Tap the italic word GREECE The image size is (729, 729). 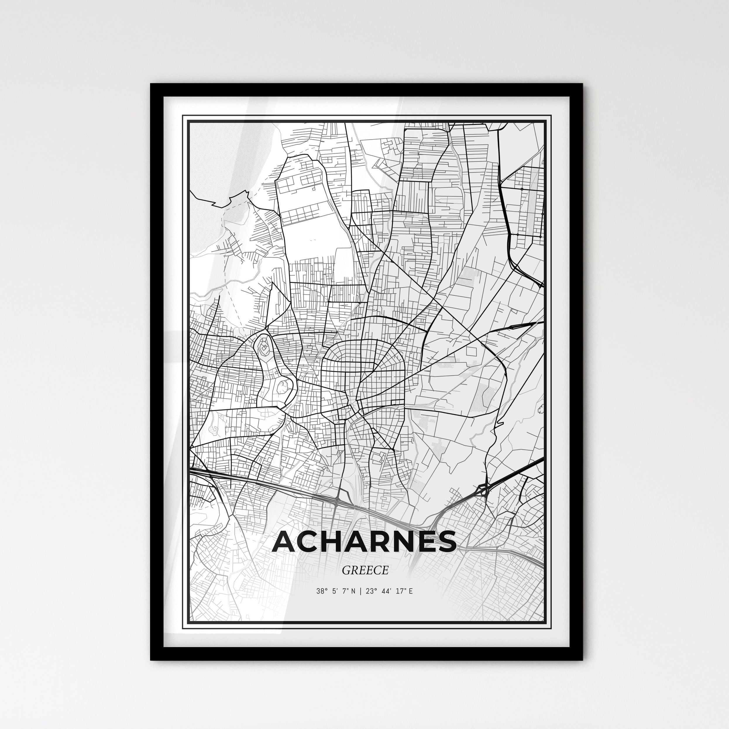365,570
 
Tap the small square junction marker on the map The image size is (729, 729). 522,188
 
